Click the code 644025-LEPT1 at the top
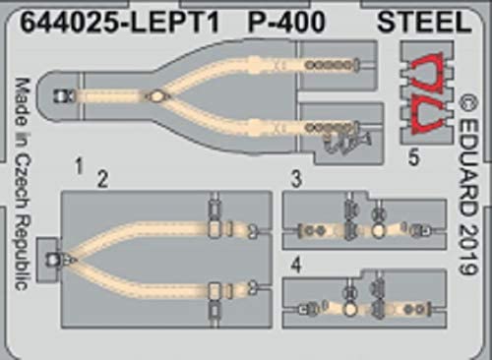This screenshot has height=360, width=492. pos(119,22)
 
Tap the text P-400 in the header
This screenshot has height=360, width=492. pos(286,22)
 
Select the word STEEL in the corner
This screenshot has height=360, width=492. pos(424,22)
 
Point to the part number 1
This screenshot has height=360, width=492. pos(79,166)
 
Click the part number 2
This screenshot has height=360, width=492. pos(102,180)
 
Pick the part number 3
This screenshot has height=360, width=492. pos(296,179)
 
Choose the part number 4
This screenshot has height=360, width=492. pos(296,266)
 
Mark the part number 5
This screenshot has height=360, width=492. pos(413,157)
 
